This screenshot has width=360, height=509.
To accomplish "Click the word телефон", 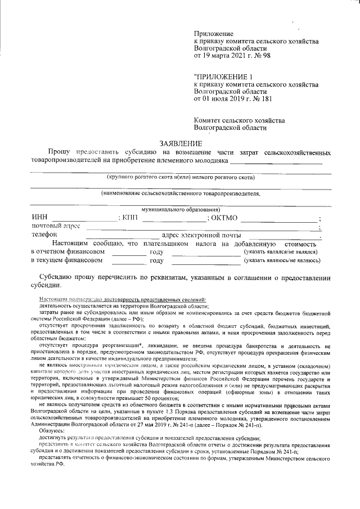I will click(x=44, y=235).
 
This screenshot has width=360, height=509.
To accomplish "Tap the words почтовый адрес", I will click(x=56, y=226).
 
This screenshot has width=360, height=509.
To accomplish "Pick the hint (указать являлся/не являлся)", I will click(x=282, y=253).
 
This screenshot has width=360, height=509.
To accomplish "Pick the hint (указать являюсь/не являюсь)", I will click(x=282, y=260).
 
